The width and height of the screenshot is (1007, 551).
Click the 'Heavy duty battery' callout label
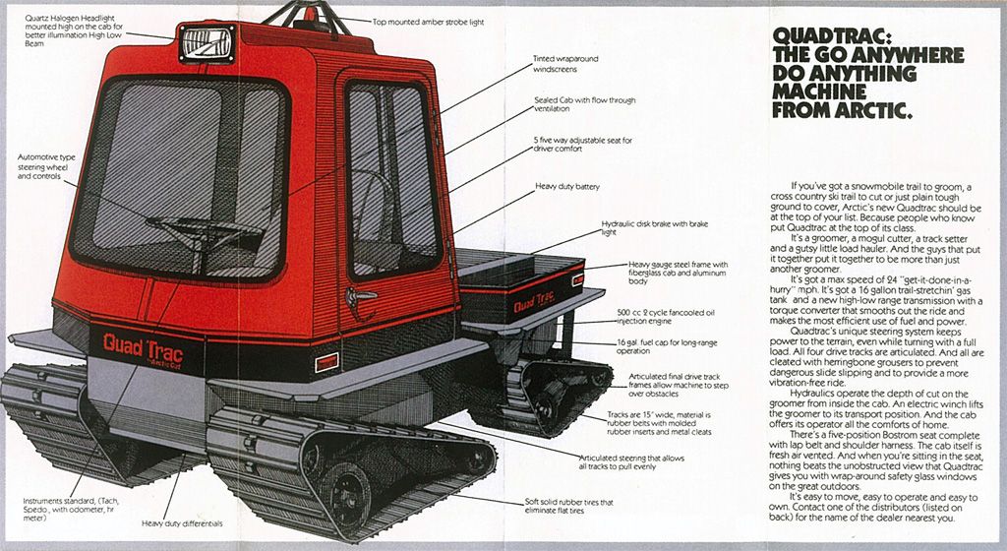(x=567, y=186)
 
